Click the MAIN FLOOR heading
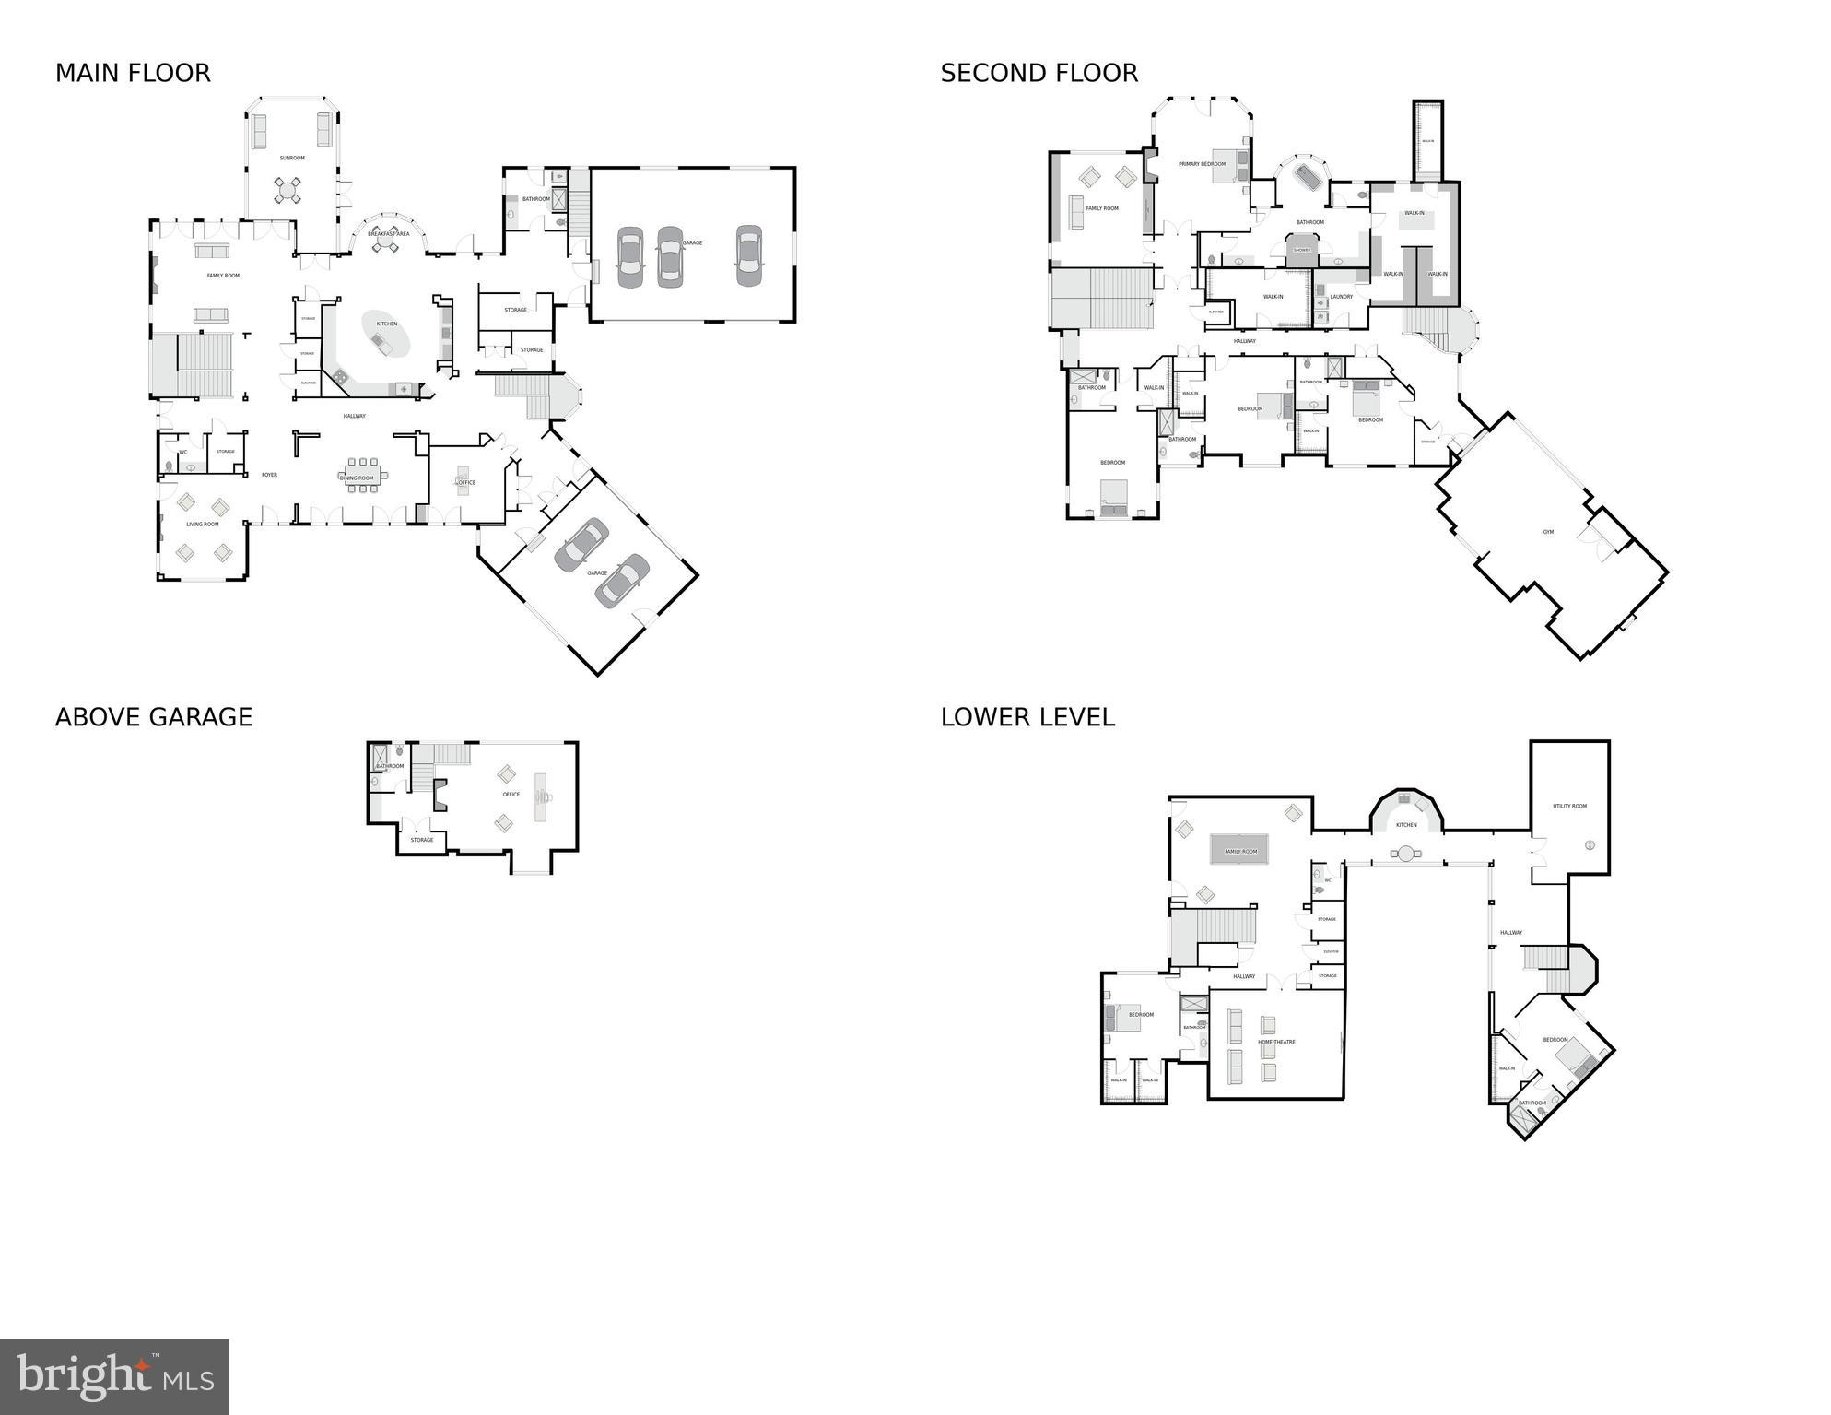[133, 73]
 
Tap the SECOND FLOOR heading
[1039, 73]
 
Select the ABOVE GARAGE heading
[153, 717]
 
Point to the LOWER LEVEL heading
[1027, 717]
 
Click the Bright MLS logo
[114, 1377]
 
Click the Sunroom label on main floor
[292, 158]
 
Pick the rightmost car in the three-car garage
[748, 255]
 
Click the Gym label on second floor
[1548, 532]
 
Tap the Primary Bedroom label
[1202, 164]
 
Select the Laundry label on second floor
[1341, 297]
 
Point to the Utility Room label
[1569, 807]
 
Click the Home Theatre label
[1276, 1042]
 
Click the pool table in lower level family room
[1239, 850]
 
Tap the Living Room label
[203, 524]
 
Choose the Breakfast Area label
[388, 234]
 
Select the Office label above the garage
[511, 794]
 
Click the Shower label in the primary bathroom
[1301, 250]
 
